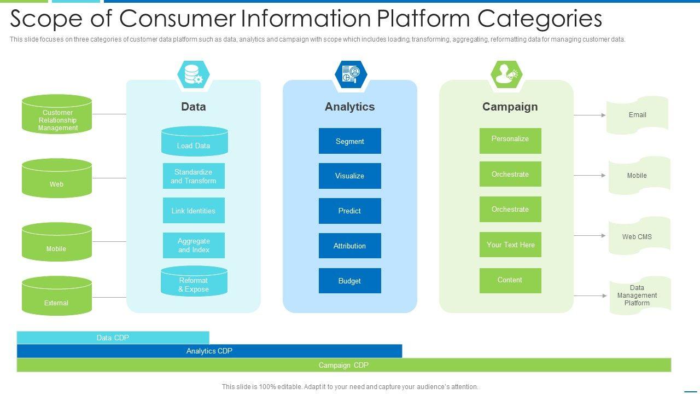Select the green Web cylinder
(x=57, y=179)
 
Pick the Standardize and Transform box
(x=194, y=176)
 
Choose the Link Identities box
(x=194, y=211)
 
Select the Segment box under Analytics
(x=350, y=141)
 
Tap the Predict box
(x=350, y=211)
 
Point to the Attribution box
(x=350, y=246)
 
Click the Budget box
(x=350, y=281)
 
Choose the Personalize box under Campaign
(x=510, y=141)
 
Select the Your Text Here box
(x=510, y=245)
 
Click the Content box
(x=510, y=280)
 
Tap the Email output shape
(x=637, y=115)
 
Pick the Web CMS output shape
(x=639, y=236)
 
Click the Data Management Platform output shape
(x=639, y=296)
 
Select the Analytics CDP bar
(x=209, y=351)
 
